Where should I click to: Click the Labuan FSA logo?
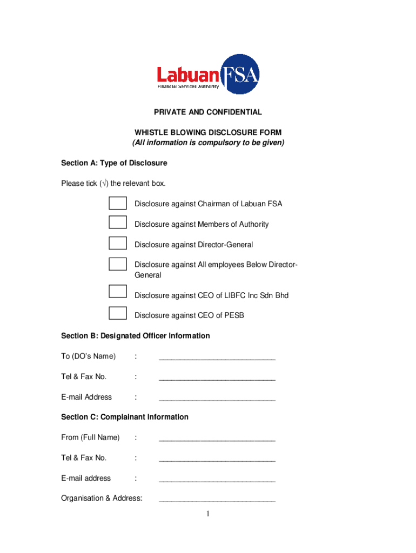208,75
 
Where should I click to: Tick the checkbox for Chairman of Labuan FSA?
117,203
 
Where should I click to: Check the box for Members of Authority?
117,222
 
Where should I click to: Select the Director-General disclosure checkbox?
117,243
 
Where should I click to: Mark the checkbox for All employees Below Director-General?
117,264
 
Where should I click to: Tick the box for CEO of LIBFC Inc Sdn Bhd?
117,292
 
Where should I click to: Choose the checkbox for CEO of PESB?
117,313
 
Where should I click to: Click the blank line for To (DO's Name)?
217,356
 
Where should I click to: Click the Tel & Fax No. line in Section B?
217,377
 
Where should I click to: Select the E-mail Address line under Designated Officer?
217,397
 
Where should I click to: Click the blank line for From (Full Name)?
217,438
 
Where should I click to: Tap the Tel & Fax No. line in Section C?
217,458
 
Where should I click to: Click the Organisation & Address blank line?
217,499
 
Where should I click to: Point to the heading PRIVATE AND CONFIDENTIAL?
208,112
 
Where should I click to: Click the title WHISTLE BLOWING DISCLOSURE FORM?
208,133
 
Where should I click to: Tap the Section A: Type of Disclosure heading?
114,163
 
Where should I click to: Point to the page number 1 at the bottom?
207,514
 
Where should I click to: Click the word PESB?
234,315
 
